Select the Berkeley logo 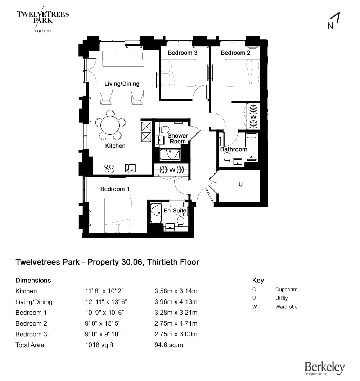[324, 368]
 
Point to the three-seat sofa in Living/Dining [123, 59]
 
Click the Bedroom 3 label [183, 53]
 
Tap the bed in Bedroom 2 [242, 73]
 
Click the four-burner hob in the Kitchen [109, 168]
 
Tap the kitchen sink [130, 168]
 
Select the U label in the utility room [241, 184]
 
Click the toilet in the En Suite [181, 220]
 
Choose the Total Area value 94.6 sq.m [168, 345]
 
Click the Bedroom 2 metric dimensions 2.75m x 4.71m [176, 323]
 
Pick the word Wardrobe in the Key [286, 307]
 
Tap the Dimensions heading [33, 280]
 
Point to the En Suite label [175, 211]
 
